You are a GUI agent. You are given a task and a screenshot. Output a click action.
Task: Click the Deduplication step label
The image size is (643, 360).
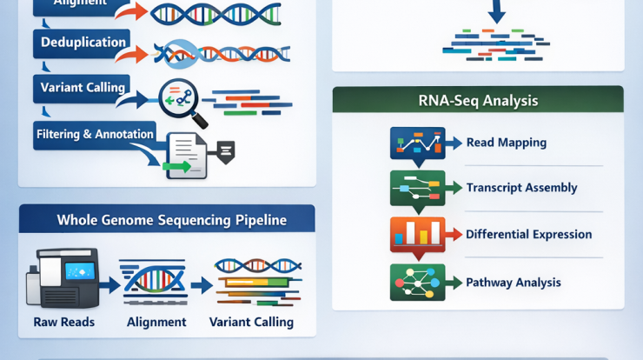(x=84, y=42)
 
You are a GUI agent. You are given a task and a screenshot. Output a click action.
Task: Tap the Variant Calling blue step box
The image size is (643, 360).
(x=83, y=88)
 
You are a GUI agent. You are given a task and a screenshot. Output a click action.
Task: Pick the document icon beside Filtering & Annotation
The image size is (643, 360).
(x=186, y=155)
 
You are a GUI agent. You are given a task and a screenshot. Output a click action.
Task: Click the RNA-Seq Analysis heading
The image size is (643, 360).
(x=478, y=101)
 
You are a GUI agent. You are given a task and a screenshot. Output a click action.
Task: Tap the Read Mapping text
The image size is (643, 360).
(x=507, y=143)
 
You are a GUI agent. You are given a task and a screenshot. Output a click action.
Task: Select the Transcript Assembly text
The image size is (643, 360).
(x=521, y=188)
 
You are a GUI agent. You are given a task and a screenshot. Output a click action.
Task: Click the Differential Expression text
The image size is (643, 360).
(x=528, y=234)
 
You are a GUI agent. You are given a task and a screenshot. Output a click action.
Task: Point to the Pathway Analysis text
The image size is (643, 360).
(x=514, y=282)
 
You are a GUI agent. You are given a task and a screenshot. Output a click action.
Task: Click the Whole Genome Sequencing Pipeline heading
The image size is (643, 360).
(x=171, y=220)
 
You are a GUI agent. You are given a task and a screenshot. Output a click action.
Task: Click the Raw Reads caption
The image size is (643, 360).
(x=64, y=322)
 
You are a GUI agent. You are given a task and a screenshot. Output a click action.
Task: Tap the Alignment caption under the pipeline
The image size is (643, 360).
(x=156, y=322)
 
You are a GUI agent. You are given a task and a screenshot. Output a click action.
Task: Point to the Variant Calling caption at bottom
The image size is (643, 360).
(x=251, y=322)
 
